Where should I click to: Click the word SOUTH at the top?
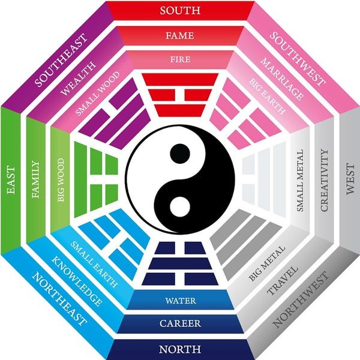coord(180,11)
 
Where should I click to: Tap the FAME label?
coord(180,35)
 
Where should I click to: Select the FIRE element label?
coord(180,59)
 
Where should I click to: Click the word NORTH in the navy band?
coord(180,349)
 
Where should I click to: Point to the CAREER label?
coord(180,323)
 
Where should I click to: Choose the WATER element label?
coord(181,301)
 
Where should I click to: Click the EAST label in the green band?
coord(11,180)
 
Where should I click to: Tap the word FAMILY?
coord(35,179)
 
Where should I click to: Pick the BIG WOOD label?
coord(61,180)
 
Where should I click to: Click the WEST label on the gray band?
coord(350,179)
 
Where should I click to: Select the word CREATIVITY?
coord(324,180)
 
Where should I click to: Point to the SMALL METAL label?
coord(300,181)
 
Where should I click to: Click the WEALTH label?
coord(78,78)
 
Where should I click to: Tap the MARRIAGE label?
coord(282,79)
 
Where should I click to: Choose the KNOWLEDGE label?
coord(77,281)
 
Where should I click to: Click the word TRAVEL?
coord(283,281)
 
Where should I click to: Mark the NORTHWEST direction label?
coord(301,299)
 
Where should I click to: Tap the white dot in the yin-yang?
coord(180,206)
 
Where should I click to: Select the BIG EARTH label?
coord(268,96)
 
